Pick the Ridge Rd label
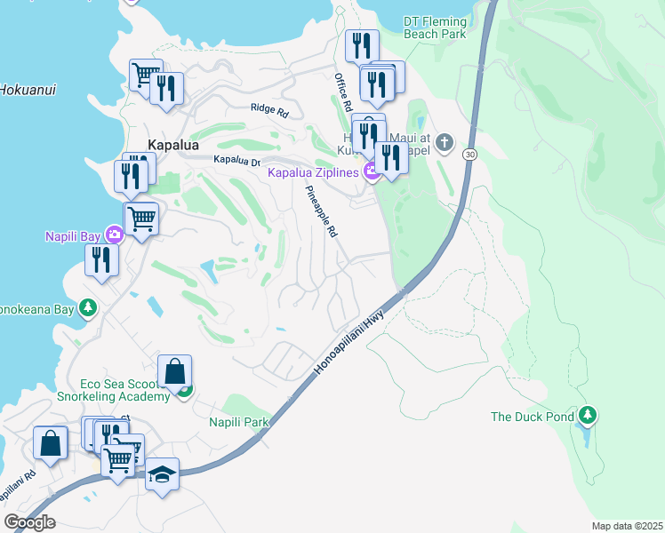[x=270, y=112]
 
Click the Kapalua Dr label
[x=236, y=161]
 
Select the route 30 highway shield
[x=469, y=155]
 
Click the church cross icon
[x=445, y=142]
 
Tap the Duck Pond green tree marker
[x=587, y=415]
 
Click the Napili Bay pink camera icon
[x=115, y=235]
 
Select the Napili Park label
[x=238, y=423]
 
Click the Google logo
[x=29, y=522]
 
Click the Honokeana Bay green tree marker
[x=87, y=307]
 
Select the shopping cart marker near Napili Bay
[x=141, y=217]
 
